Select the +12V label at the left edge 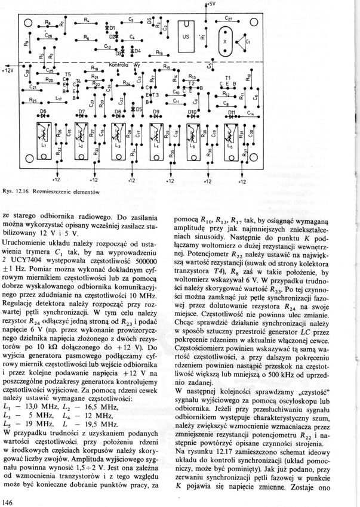coord(7,70)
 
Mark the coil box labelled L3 coord(118,143)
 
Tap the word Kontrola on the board coord(119,64)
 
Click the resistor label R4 coord(87,20)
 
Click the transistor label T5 coord(68,76)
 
